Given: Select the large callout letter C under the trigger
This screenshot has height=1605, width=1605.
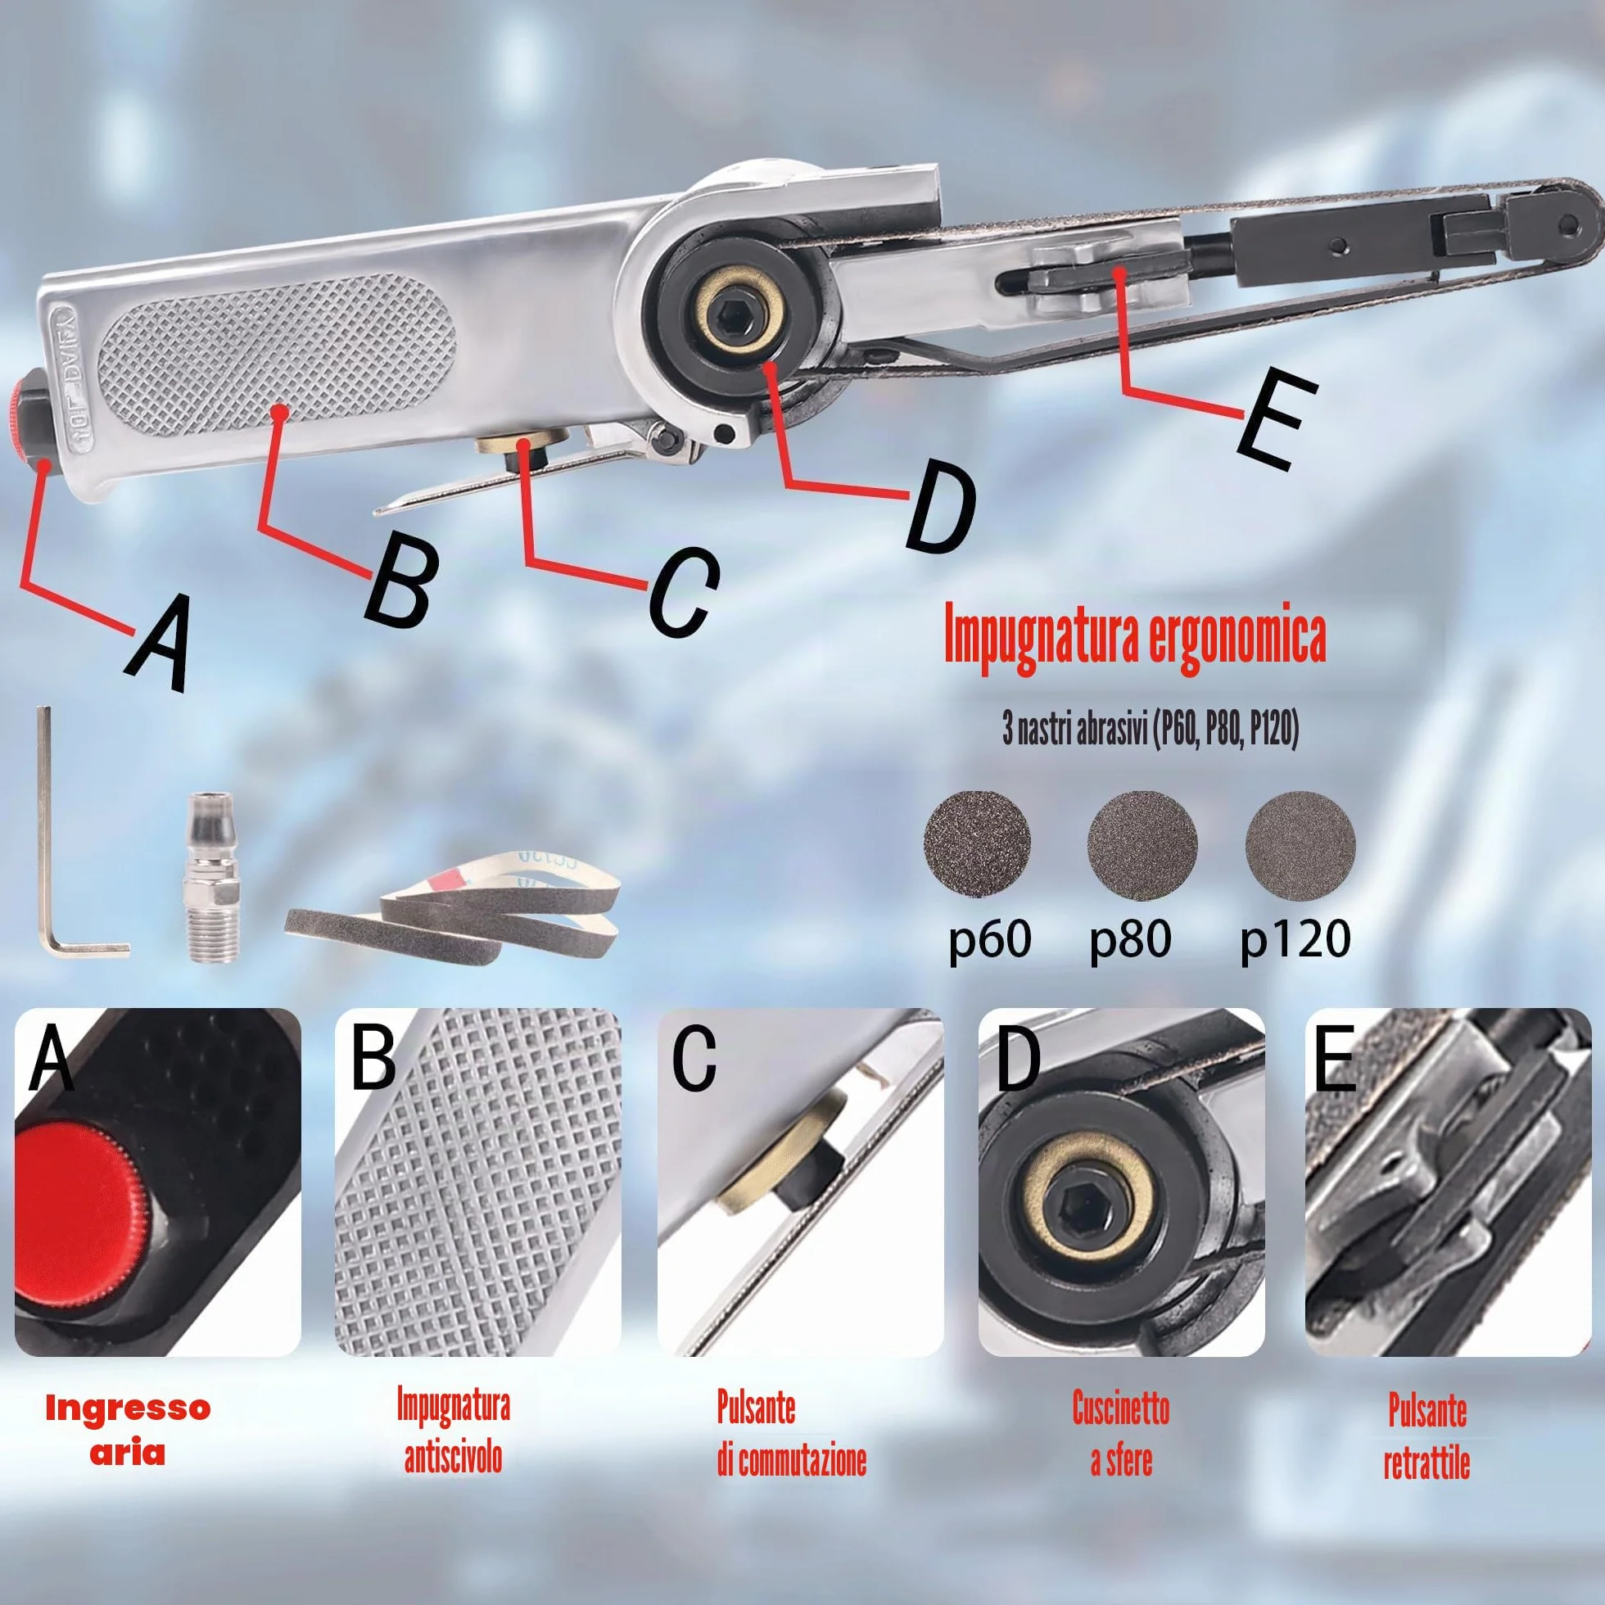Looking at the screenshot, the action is [683, 592].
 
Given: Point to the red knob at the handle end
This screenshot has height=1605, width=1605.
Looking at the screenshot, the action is [22, 423].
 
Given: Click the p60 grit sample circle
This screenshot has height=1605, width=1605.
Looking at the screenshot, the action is [978, 843].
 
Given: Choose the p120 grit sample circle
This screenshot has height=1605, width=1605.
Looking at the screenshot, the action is [1301, 845].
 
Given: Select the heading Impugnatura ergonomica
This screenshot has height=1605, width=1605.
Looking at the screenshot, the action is [1135, 636].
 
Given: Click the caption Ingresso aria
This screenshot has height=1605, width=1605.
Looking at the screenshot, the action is [128, 1430].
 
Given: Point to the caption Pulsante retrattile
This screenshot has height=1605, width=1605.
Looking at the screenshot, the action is [1426, 1435].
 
